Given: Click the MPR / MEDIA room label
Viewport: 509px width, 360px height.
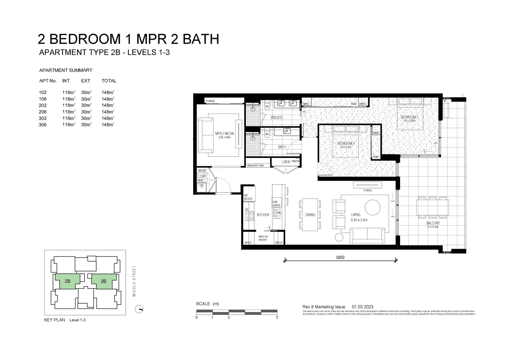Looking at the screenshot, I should [224, 134].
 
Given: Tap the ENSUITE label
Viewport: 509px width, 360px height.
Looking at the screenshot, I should [276, 118].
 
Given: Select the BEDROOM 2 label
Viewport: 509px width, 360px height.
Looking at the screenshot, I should [345, 144].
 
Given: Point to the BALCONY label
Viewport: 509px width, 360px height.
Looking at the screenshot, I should [433, 223].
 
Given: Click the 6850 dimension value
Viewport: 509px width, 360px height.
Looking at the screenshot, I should [340, 257].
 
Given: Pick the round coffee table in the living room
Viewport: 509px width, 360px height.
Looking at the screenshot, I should [372, 207].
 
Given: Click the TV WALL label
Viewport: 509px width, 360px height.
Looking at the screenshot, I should [367, 190].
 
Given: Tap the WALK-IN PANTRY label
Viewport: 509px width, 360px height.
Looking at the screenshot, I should [263, 238].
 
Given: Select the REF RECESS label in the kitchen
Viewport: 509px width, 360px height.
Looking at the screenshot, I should [248, 197].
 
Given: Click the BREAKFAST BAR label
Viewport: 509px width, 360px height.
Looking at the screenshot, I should [257, 165].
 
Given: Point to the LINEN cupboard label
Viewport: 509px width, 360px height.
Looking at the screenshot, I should [285, 162].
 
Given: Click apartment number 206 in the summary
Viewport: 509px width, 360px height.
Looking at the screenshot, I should [43, 112].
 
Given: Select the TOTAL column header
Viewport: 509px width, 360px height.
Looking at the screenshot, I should [109, 81].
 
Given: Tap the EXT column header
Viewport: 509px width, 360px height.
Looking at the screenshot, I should [86, 81].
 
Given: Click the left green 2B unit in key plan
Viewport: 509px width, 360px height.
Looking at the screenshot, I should [68, 281].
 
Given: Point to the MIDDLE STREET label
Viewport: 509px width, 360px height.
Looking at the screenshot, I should [134, 281].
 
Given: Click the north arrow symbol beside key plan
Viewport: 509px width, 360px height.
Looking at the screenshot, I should [139, 309].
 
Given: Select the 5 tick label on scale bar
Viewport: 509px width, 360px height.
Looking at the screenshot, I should [277, 317].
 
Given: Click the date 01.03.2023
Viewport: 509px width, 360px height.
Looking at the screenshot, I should [362, 307].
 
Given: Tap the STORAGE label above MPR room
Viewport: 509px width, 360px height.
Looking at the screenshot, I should [210, 101].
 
